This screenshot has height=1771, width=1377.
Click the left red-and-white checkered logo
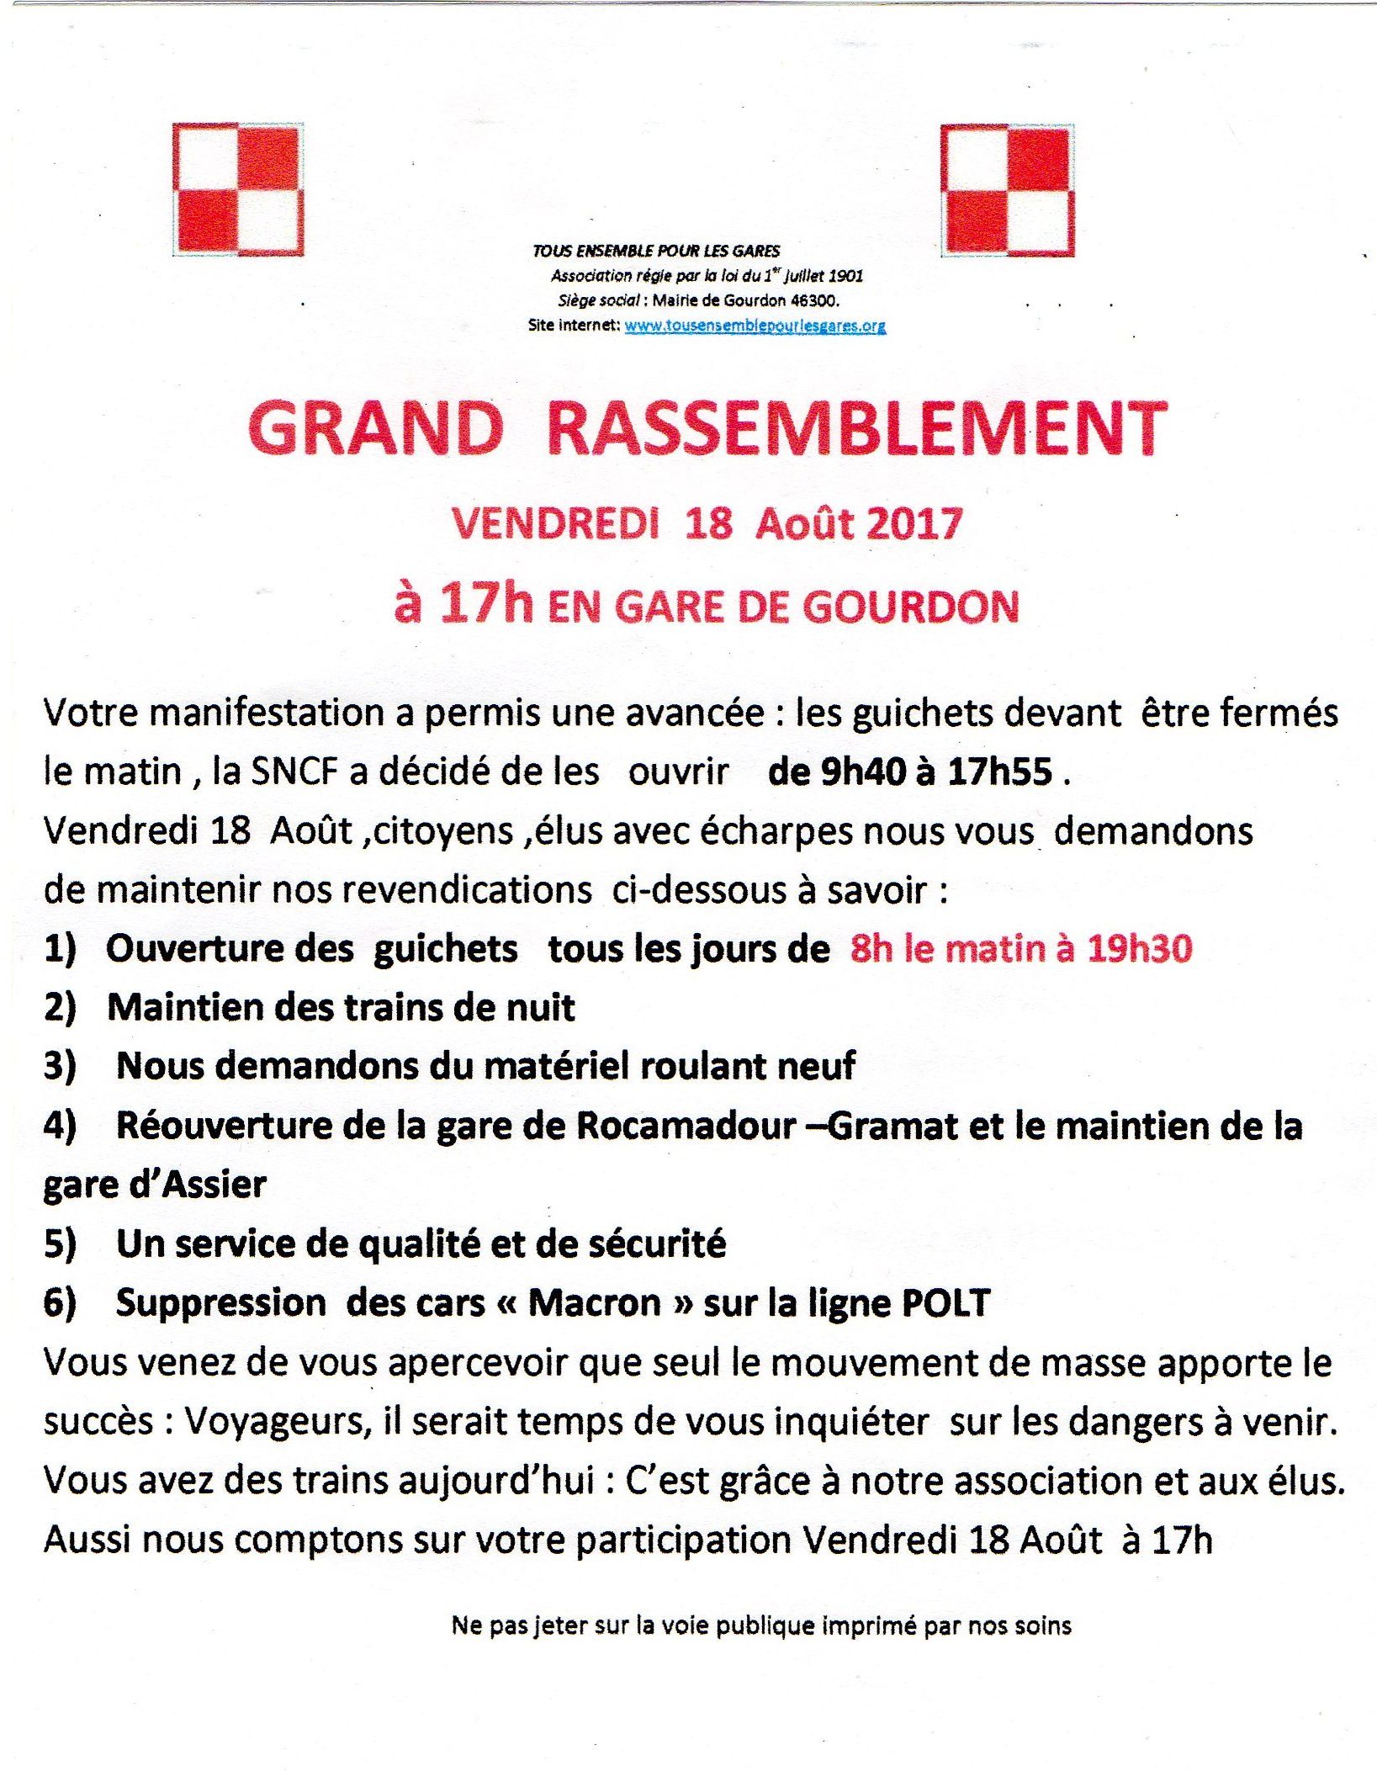(238, 189)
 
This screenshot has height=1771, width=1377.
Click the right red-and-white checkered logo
(1007, 190)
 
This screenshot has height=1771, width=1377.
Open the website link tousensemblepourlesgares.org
(755, 326)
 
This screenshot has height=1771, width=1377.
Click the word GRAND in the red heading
(375, 429)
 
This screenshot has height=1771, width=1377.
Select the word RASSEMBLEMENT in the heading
(856, 429)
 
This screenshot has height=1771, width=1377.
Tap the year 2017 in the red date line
(913, 523)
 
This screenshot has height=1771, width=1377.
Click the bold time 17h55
(999, 771)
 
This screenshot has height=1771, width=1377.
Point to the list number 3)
(60, 1066)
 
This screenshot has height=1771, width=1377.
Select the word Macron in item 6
(594, 1302)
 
